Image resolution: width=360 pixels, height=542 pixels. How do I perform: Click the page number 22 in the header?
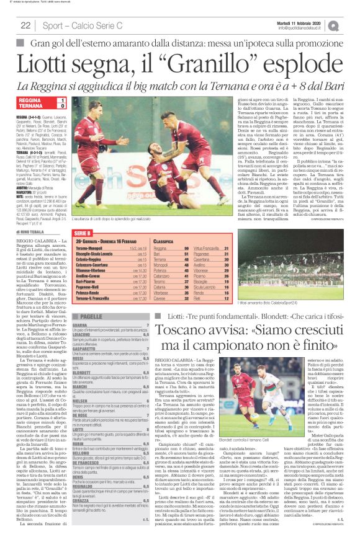(25, 25)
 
